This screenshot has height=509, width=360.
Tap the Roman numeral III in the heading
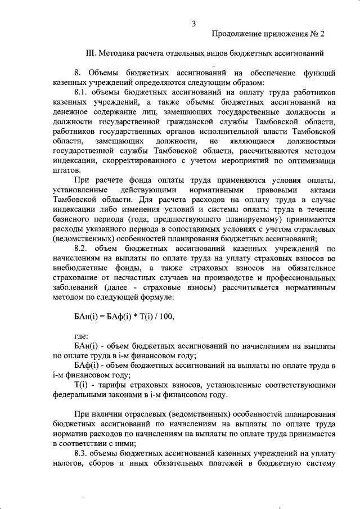(91, 54)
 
